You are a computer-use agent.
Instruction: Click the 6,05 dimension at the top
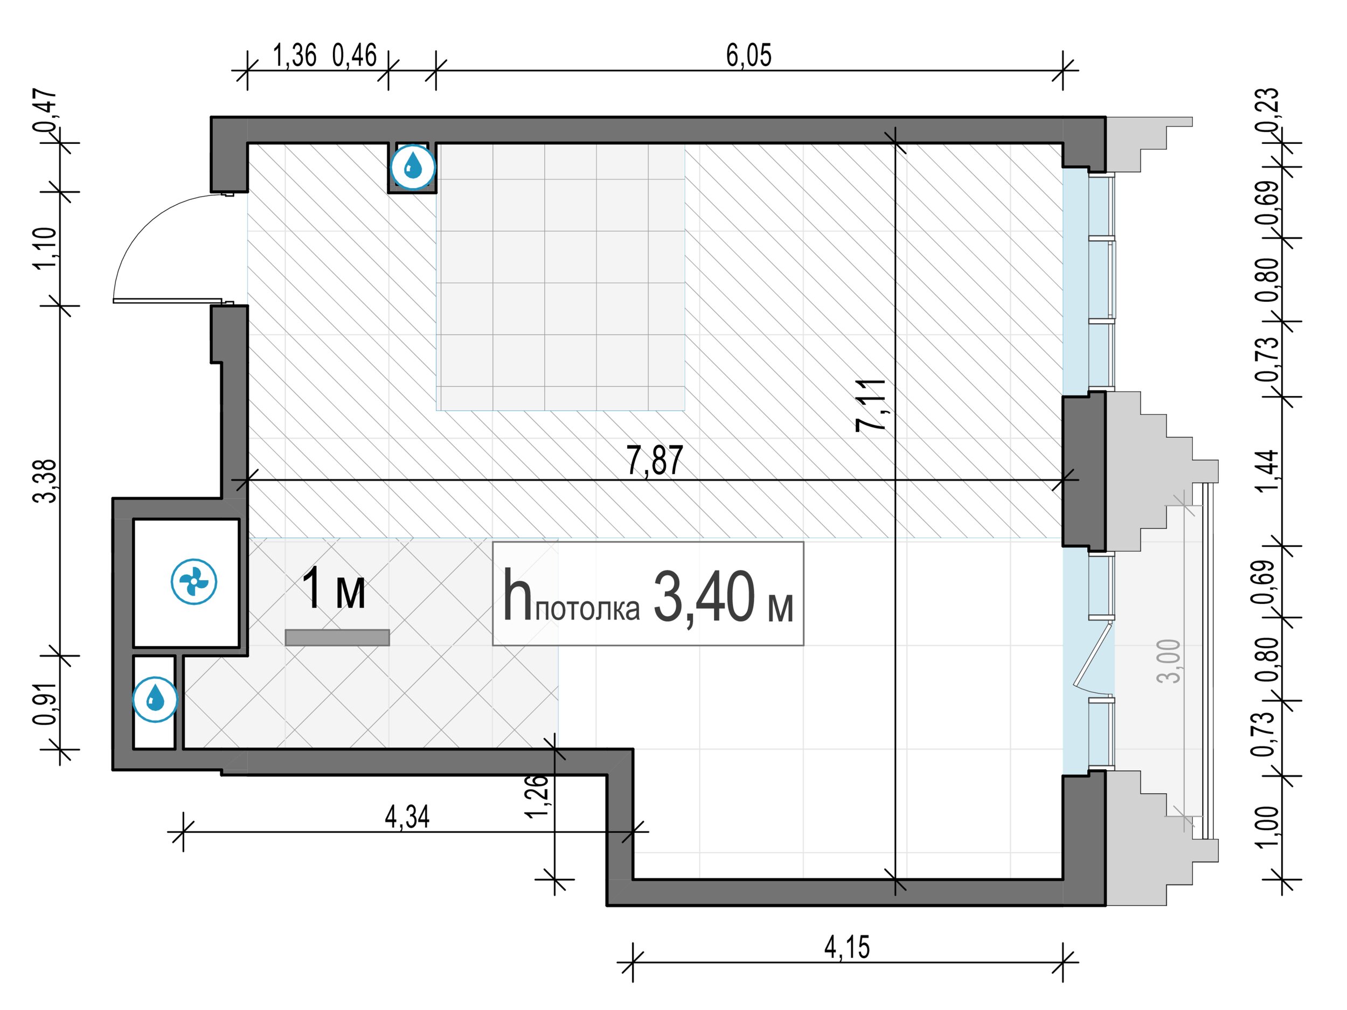[748, 55]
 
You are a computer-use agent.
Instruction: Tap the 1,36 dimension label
[295, 55]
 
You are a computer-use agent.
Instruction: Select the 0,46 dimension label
[355, 55]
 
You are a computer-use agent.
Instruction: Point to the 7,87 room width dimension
[655, 461]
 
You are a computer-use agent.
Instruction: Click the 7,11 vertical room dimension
[871, 405]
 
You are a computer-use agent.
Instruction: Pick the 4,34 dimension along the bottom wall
[407, 817]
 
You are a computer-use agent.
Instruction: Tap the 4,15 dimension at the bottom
[847, 948]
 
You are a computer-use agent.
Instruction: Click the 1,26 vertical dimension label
[538, 796]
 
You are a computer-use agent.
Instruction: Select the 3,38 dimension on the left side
[46, 481]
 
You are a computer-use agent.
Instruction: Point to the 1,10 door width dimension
[46, 248]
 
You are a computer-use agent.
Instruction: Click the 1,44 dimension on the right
[1268, 471]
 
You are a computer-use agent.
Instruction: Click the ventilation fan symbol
[193, 582]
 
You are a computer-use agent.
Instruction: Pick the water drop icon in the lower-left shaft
[155, 700]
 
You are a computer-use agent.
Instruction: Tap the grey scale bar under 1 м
[337, 637]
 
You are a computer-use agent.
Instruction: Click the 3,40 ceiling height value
[705, 598]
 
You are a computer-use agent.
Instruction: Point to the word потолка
[588, 609]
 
